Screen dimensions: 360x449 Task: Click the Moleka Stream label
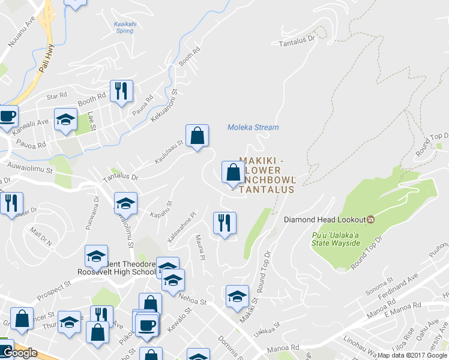[253, 127]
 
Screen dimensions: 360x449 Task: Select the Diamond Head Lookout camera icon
[370, 219]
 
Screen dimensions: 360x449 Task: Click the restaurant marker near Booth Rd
[122, 92]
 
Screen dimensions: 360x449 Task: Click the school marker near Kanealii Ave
[65, 119]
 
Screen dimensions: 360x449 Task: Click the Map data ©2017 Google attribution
[412, 355]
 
